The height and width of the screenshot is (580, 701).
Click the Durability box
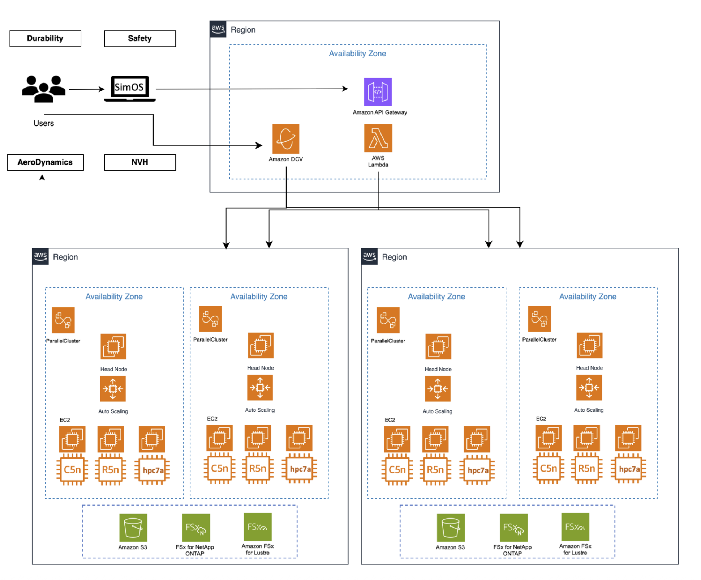point(45,38)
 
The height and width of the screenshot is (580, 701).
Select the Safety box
point(140,38)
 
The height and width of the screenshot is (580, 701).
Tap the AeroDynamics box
point(45,162)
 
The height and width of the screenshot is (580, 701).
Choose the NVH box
point(140,162)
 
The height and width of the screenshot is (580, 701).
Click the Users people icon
point(44,89)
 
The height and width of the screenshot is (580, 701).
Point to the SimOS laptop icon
point(129,89)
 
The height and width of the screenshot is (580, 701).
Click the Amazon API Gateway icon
point(378,92)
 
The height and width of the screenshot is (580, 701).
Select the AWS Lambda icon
point(378,138)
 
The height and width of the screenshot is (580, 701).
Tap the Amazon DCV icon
point(285,139)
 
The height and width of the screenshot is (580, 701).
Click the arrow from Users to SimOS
point(87,89)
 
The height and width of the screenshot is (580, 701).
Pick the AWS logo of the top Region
point(218,29)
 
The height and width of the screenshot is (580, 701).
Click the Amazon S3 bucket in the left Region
point(133,527)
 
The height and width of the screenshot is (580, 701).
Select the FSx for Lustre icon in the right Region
point(575,526)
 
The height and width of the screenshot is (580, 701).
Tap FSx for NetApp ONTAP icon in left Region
point(195,528)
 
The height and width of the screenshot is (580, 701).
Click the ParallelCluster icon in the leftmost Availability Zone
point(63,320)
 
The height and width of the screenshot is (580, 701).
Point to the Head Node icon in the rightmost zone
point(589,345)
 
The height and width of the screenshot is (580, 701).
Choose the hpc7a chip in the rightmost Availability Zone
point(628,469)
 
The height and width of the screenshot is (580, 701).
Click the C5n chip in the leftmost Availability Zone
point(72,470)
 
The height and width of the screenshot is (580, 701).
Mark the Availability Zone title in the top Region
point(357,54)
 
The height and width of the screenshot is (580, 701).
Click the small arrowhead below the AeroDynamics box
point(42,178)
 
